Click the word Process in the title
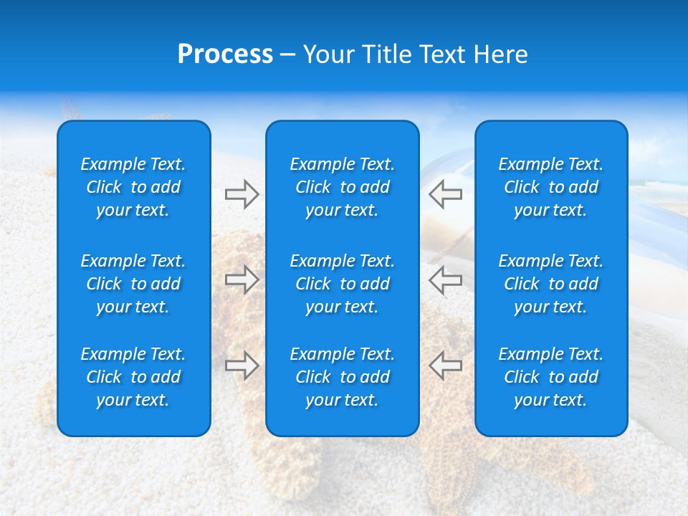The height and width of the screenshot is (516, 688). coord(225,54)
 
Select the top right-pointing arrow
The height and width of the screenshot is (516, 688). coord(242,194)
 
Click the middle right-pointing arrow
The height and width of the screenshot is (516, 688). coord(242,279)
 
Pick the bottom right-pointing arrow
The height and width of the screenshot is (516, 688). coord(242,365)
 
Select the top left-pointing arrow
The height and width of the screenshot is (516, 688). coord(446,194)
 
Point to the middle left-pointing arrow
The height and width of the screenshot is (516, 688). coord(446,279)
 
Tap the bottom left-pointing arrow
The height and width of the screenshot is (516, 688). coord(446,365)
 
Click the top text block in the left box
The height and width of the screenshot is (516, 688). coord(133,187)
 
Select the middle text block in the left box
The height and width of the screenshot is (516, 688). coord(133,284)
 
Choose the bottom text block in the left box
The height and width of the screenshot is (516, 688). coord(133,377)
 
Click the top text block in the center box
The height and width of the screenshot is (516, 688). coord(343,187)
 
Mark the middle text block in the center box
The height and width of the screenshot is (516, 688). coord(343,284)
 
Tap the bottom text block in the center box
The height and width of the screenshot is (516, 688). coord(343,377)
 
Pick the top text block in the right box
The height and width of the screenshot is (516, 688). coord(551,187)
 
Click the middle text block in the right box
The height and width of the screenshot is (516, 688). coord(551,284)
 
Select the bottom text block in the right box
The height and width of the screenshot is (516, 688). coord(551,377)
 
